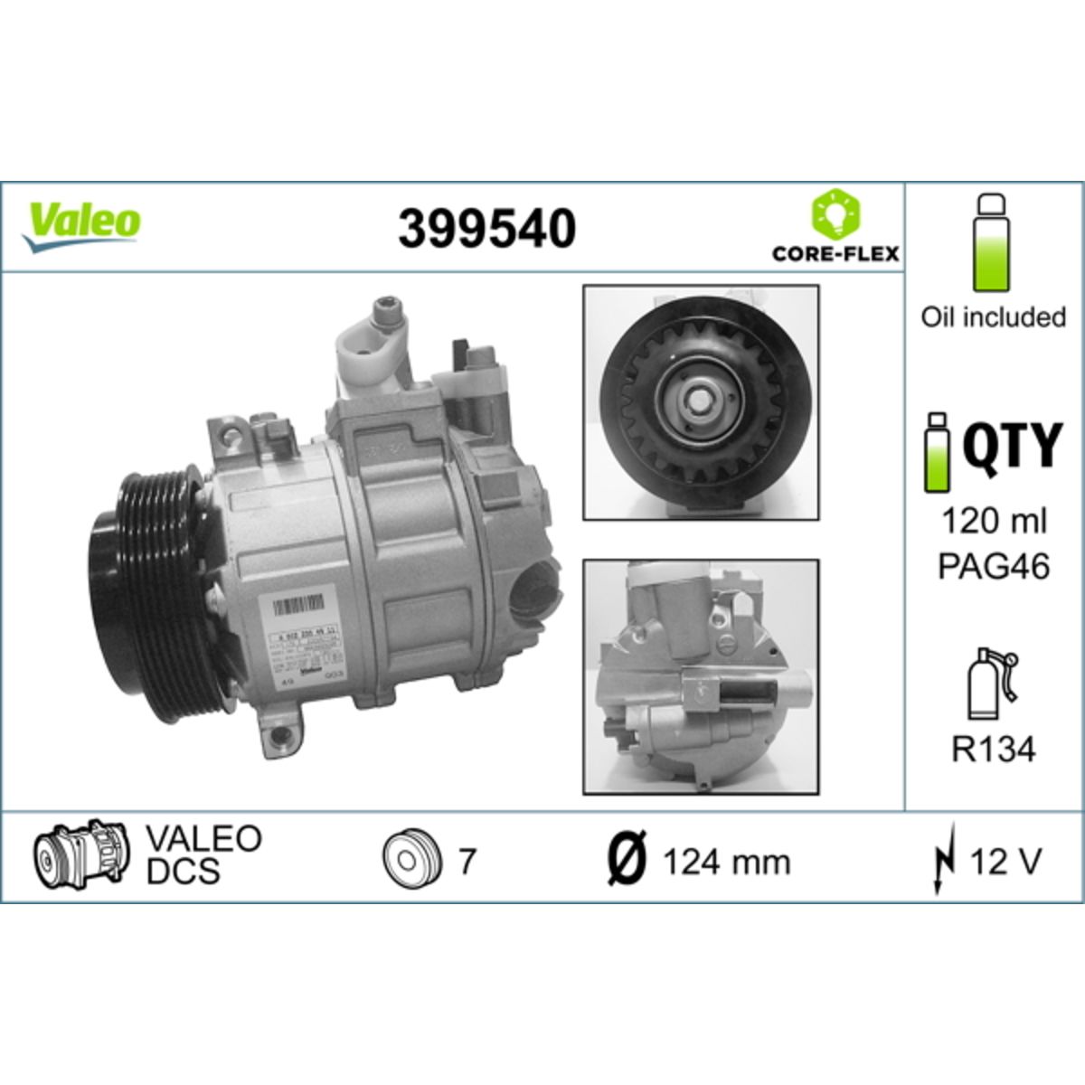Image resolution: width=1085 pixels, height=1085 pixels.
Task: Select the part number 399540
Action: pos(487,228)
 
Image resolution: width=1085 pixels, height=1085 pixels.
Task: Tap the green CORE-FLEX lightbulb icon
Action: pos(835,216)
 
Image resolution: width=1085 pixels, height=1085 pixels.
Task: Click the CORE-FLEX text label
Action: pos(835,253)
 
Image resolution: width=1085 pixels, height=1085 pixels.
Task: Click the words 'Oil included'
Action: pos(993,317)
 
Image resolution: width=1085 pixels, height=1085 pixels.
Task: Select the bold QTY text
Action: pos(1010,446)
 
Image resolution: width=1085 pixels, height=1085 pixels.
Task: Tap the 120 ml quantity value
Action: pos(994,522)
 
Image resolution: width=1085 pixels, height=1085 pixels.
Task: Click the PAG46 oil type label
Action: pos(994,567)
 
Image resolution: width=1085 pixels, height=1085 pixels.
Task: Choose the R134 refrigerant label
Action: pos(994,750)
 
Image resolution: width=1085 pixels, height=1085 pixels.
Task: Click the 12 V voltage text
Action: pos(1005,862)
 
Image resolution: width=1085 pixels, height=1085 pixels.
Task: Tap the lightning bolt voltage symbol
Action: pos(943,863)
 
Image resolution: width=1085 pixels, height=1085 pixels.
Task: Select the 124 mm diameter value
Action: pos(726,863)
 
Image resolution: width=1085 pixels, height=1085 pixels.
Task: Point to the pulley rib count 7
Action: pos(466,862)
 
